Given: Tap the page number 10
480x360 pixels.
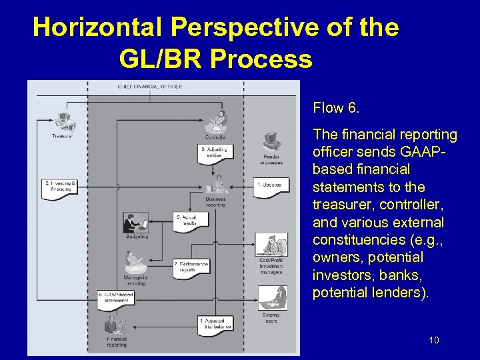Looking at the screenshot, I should tap(433, 341).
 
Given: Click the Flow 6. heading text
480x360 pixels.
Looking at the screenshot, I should tap(336, 107).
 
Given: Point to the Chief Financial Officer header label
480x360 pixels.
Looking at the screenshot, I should tap(150, 87).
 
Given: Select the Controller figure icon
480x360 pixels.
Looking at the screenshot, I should tap(216, 122).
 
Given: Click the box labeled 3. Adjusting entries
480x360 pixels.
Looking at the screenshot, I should tap(214, 152).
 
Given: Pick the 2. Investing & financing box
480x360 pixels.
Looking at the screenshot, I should tap(59, 186).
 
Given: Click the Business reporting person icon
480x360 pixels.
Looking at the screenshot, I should tap(215, 183).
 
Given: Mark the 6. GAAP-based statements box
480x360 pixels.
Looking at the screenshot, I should tap(117, 297).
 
